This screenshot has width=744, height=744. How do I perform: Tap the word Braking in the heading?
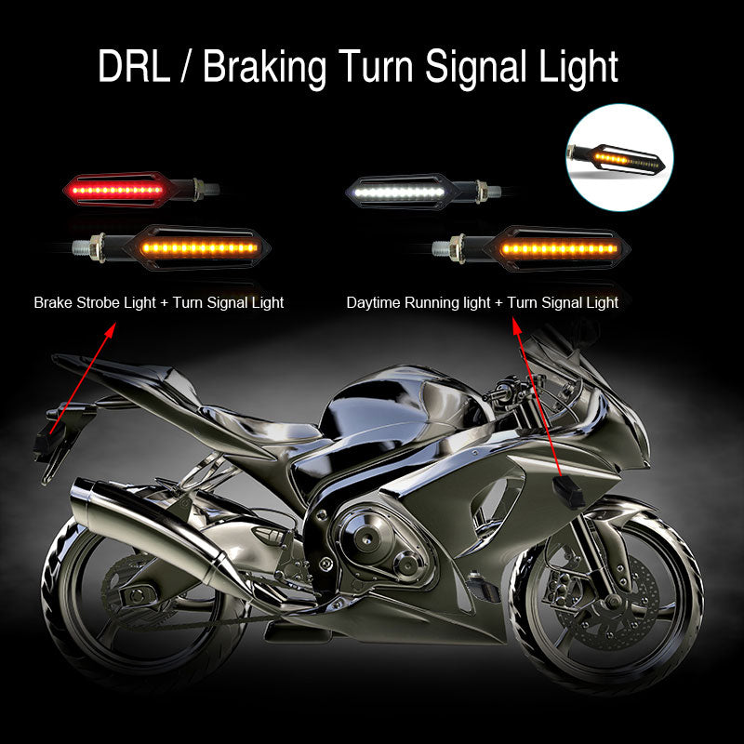pos(263,68)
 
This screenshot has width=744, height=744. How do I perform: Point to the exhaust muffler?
pos(158,521)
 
